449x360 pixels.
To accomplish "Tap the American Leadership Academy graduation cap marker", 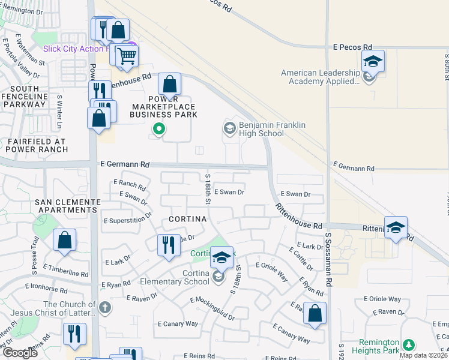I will [x=372, y=61].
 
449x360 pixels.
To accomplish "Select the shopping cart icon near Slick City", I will [x=127, y=56].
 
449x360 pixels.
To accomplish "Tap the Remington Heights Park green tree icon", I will [x=409, y=344].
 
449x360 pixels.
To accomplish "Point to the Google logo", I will [x=20, y=353].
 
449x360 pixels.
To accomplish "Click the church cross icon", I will [x=105, y=308].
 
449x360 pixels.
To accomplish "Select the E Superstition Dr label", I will [x=127, y=221].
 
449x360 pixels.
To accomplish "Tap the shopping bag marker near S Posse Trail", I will [x=64, y=240].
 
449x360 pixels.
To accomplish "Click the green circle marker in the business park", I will [x=158, y=128].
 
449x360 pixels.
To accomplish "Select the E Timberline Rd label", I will [x=65, y=269].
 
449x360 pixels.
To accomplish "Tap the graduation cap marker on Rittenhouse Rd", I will [x=396, y=227].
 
